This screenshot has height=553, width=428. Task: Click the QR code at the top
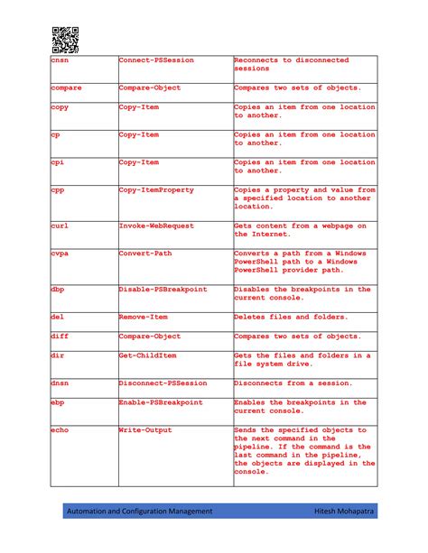64,40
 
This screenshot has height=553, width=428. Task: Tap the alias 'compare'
67,88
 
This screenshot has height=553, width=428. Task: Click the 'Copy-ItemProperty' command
160,190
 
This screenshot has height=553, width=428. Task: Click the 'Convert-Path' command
148,253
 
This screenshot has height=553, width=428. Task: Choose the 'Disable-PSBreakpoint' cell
163,290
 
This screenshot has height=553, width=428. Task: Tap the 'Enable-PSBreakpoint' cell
161,402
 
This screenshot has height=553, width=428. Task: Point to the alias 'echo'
61,430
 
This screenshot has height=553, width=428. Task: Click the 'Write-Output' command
148,430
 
